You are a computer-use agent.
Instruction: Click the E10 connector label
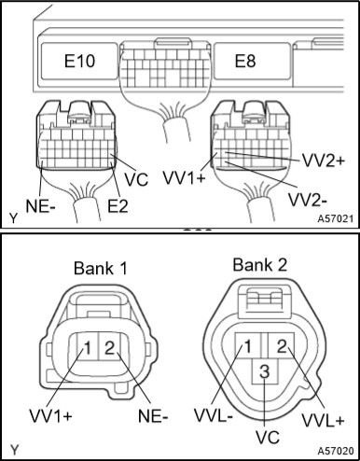coord(79,61)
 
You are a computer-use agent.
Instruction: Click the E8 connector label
coord(245,61)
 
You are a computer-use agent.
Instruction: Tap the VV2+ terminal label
coord(323,161)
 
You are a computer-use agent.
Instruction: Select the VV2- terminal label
coord(308,200)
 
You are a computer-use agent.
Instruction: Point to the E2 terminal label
coord(118,205)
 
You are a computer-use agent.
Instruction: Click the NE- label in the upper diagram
coord(41,205)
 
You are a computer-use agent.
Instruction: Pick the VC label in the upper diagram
coord(136,179)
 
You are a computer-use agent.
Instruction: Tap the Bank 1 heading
coord(101,268)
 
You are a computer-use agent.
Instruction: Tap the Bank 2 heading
coord(260,265)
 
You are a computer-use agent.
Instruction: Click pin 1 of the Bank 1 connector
coord(88,348)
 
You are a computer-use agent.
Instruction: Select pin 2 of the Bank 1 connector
coord(109,348)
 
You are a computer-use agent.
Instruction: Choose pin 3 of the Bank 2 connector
coord(264,371)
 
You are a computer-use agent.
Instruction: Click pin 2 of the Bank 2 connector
coord(282,345)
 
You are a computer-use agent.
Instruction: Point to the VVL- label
coord(214,415)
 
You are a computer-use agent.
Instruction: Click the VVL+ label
coord(323,420)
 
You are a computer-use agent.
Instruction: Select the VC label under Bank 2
coord(268,438)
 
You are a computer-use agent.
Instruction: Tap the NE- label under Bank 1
coord(153,416)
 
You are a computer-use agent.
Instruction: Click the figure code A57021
coord(336,218)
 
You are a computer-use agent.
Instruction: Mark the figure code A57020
coord(336,451)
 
